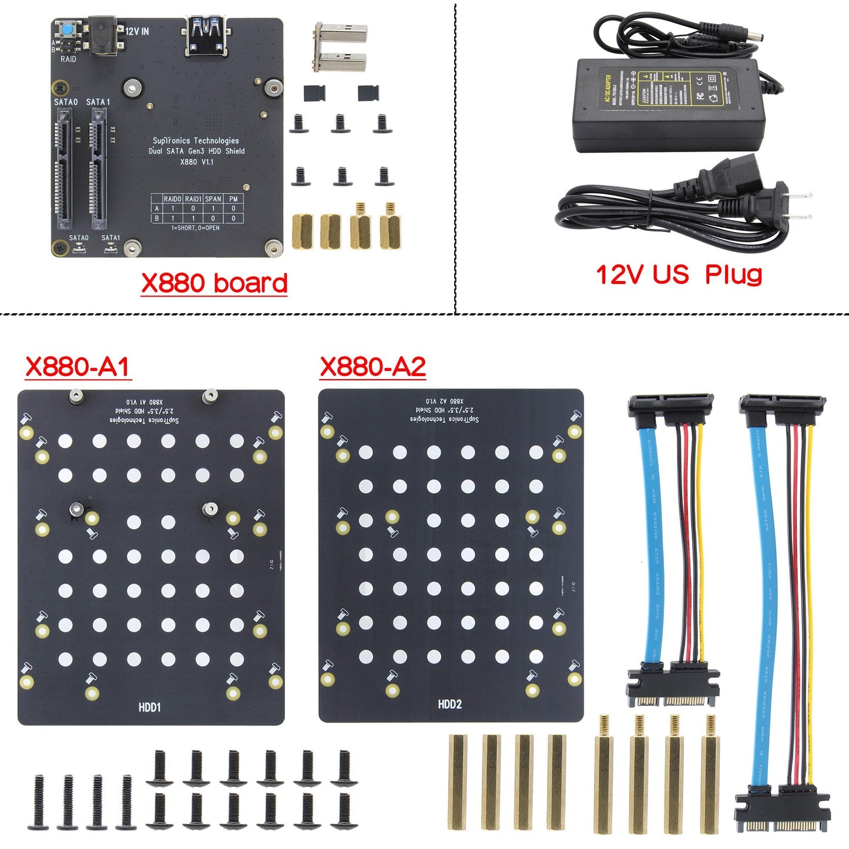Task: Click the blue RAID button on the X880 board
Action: click(69, 29)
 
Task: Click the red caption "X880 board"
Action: click(214, 283)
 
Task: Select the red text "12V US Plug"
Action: click(679, 274)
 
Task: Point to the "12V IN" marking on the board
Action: click(137, 31)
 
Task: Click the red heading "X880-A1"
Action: click(78, 367)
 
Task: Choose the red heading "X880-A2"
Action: click(373, 367)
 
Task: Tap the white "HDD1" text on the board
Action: click(149, 707)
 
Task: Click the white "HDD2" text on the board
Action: click(449, 704)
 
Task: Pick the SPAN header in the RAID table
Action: click(213, 199)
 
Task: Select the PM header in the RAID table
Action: click(233, 199)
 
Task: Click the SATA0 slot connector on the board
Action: click(64, 170)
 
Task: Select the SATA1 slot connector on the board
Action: click(98, 170)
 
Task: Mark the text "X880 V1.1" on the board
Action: click(196, 162)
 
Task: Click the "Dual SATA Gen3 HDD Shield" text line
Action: click(196, 151)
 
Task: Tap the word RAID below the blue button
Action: click(68, 59)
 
